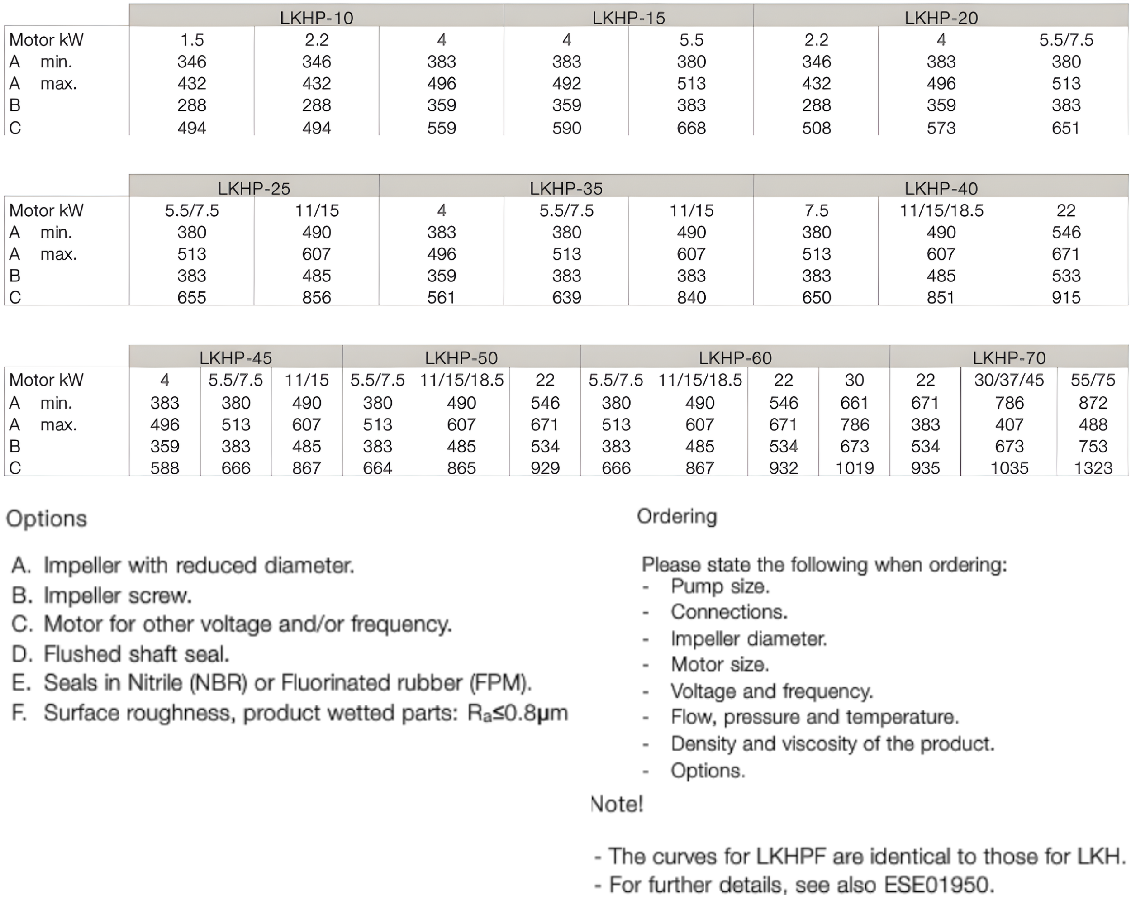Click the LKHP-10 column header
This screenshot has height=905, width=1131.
click(316, 18)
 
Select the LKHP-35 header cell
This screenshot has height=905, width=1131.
click(566, 188)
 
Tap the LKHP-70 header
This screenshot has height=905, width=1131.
click(1009, 358)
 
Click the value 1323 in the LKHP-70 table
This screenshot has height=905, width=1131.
click(1093, 467)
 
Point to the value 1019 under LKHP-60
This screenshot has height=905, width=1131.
click(854, 467)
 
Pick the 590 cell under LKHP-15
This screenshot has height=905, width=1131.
click(566, 128)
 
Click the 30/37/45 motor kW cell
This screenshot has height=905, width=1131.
click(1009, 380)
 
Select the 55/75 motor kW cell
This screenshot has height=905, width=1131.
click(1093, 380)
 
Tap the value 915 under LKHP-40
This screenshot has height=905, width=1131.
click(1066, 297)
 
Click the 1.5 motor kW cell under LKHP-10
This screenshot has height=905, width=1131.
click(191, 40)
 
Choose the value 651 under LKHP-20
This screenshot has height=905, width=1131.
click(1066, 128)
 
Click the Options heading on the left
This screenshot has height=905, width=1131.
click(46, 519)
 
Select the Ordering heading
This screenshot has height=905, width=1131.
click(677, 516)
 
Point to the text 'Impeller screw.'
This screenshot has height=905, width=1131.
click(118, 595)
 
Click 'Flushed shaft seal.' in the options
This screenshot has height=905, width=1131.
click(136, 654)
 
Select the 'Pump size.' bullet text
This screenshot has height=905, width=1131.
click(720, 586)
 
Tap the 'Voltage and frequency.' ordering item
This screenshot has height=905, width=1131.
click(772, 691)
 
